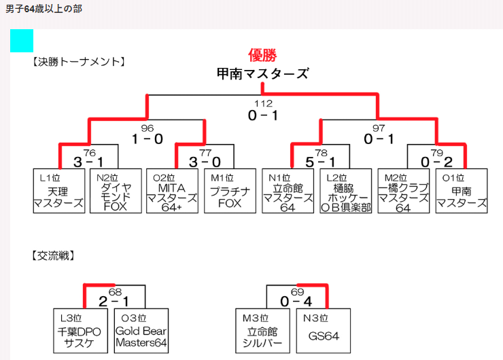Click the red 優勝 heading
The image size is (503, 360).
coord(262,56)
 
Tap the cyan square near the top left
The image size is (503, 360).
coord(22,41)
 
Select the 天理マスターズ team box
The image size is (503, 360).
coord(58,192)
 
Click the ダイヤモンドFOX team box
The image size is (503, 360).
coord(116,192)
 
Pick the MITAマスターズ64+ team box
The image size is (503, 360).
coord(172,192)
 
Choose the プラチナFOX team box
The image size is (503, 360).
coord(229,192)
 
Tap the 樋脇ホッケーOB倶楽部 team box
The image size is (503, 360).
coord(346,192)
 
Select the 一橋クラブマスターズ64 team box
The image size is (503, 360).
coord(403,192)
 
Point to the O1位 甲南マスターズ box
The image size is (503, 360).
coord(462,192)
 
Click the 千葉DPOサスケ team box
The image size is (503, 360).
coord(80,331)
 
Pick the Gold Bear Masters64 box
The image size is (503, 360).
coord(141,331)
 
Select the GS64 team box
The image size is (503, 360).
coord(324,331)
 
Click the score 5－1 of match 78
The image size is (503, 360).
coord(320,163)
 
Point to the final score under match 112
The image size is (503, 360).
coord(263,116)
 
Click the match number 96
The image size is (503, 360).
coord(148,128)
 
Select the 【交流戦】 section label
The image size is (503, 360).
coord(53,256)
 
